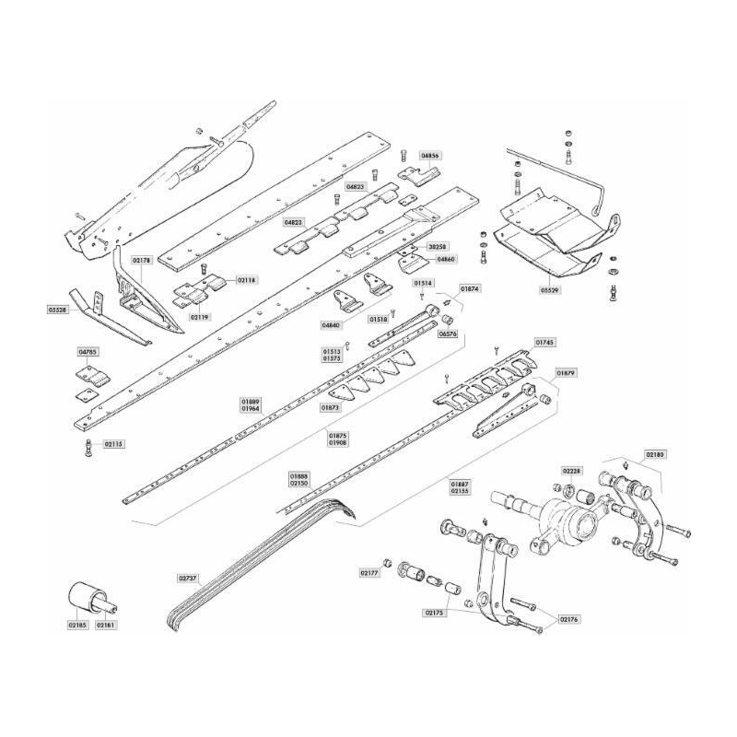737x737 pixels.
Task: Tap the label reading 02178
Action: [142, 262]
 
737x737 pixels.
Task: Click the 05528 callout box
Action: [57, 310]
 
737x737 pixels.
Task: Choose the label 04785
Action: [88, 351]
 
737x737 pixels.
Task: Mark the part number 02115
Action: [113, 443]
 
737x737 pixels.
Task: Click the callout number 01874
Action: [470, 287]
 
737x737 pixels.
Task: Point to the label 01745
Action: [544, 343]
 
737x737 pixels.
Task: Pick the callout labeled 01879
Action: [566, 373]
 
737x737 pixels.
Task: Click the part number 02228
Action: [571, 470]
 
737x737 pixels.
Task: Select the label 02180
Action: [656, 455]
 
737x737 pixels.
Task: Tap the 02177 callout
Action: [370, 572]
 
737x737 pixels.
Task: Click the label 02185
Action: [76, 625]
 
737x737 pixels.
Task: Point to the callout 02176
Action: [568, 619]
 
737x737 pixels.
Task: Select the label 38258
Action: [437, 248]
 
